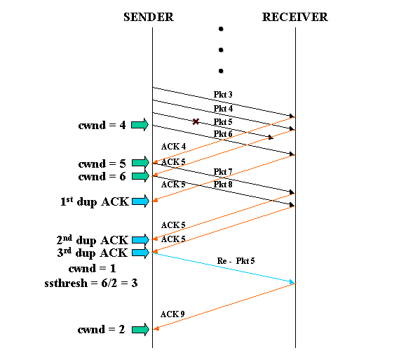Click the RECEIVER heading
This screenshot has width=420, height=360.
click(x=294, y=17)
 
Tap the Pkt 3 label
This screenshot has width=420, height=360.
click(x=223, y=95)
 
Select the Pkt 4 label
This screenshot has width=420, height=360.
click(x=223, y=109)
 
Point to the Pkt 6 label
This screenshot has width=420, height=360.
click(x=223, y=134)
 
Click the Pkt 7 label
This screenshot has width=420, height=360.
click(x=223, y=172)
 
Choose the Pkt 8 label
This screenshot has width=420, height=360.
click(x=223, y=185)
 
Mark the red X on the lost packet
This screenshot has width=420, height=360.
click(x=196, y=121)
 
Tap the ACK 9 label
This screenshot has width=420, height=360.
click(x=172, y=314)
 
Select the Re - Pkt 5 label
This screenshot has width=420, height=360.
click(x=236, y=261)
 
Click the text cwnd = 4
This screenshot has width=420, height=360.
click(x=102, y=126)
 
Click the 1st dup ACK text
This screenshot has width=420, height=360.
click(x=94, y=202)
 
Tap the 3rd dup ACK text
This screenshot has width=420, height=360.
click(x=92, y=253)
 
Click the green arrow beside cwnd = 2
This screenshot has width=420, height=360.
click(x=140, y=329)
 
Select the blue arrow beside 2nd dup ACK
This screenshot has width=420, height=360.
click(x=140, y=239)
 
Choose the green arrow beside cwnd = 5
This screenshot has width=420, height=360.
click(x=140, y=163)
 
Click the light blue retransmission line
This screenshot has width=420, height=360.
click(x=224, y=268)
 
